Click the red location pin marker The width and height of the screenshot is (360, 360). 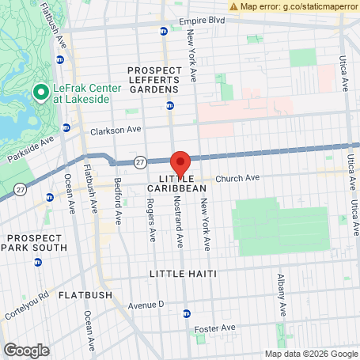[180, 162]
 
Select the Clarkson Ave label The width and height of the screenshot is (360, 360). [116, 130]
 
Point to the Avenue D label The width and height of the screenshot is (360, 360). [145, 304]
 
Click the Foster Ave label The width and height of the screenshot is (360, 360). [217, 328]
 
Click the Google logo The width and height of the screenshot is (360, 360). [26, 350]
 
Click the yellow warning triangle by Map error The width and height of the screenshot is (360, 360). [233, 6]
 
